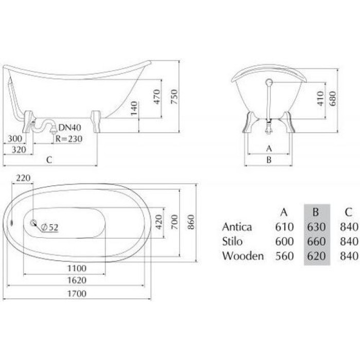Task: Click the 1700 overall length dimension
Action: click(77, 294)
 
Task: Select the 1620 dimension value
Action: click(77, 280)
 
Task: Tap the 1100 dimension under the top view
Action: click(77, 268)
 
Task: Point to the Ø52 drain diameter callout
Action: click(49, 227)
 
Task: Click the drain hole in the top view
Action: click(33, 222)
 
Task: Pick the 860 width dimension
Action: click(191, 222)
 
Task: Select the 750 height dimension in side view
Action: click(174, 97)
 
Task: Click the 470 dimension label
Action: click(157, 97)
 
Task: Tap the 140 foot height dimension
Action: click(134, 108)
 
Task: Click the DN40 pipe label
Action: click(70, 128)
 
